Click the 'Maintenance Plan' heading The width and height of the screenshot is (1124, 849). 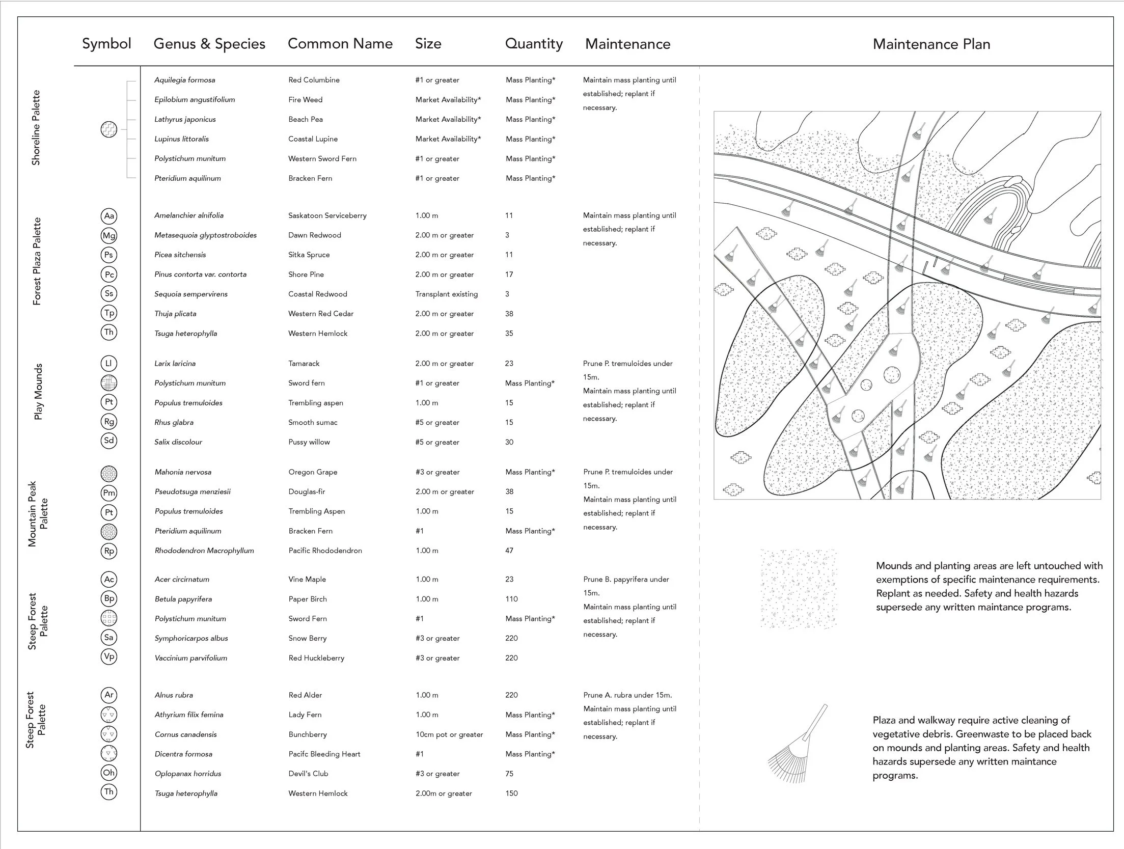931,44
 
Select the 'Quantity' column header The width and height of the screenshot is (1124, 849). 534,44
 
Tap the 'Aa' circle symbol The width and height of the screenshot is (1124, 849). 109,216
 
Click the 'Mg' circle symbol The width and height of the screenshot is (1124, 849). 109,235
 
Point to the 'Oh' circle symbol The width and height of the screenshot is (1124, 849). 109,773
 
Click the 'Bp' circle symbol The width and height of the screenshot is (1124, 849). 109,598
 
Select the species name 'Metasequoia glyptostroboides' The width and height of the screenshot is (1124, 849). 205,235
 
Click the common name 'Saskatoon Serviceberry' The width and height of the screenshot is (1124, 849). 327,216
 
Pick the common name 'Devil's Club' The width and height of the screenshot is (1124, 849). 308,774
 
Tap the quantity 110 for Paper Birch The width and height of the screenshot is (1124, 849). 511,599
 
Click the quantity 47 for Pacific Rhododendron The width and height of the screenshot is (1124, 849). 509,551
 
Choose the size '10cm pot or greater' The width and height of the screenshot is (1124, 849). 449,734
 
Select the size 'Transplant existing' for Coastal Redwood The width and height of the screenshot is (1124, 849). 446,294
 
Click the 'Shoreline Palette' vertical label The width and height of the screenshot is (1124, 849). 36,128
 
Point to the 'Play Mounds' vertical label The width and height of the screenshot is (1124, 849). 38,392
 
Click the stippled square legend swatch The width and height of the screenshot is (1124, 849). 798,588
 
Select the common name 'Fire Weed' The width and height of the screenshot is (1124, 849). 305,100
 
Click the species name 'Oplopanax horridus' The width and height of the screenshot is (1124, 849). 188,774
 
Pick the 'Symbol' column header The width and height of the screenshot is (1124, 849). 106,44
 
